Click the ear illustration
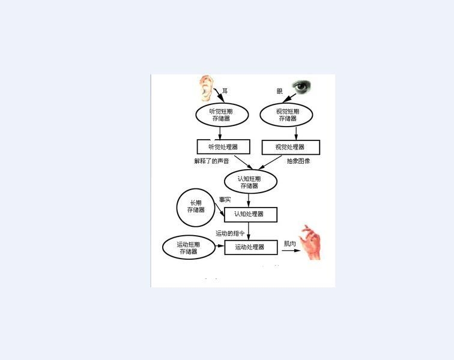click(206, 88)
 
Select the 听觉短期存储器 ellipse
click(220, 115)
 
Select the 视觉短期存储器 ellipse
click(286, 115)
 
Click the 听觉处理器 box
click(223, 146)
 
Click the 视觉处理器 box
click(291, 147)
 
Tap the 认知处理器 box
click(250, 214)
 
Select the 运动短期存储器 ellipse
click(189, 248)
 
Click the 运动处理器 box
click(251, 247)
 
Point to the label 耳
click(225, 91)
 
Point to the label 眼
click(280, 91)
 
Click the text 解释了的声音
click(211, 161)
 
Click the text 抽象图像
click(298, 161)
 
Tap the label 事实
click(225, 200)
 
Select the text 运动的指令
click(231, 233)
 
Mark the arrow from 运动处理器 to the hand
click(291, 251)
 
